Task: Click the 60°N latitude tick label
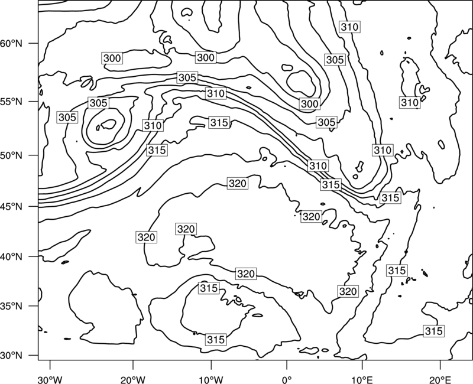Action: (x=11, y=44)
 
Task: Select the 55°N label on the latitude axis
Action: (x=11, y=102)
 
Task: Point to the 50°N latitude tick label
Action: (x=11, y=155)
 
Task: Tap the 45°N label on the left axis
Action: (x=11, y=207)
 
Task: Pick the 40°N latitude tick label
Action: (x=11, y=257)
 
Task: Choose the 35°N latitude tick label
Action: (x=11, y=306)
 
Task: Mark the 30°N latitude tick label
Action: (x=11, y=356)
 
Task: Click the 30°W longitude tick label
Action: (x=50, y=380)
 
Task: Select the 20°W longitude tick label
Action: (x=132, y=380)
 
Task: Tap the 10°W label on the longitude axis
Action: (x=211, y=380)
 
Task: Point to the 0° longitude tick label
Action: (x=287, y=380)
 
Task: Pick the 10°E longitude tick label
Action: (x=362, y=380)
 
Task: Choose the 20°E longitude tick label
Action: (x=440, y=380)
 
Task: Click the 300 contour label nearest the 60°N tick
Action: (x=112, y=58)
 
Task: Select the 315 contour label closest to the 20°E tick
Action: (x=434, y=331)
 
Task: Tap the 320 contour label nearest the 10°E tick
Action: (x=348, y=291)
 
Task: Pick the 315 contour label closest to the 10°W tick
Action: (x=216, y=340)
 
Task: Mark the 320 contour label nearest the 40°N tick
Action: (x=146, y=237)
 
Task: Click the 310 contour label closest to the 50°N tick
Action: (x=153, y=125)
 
